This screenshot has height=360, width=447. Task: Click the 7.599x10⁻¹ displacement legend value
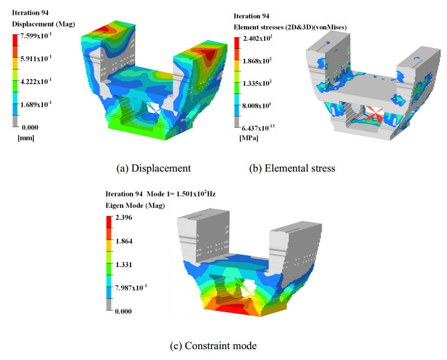pos(36,36)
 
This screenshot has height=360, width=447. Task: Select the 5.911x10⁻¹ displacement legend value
pos(36,59)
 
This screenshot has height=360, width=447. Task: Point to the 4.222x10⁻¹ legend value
pos(36,81)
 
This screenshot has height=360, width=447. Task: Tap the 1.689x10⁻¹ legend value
pos(36,104)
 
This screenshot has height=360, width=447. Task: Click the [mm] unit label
pos(26,138)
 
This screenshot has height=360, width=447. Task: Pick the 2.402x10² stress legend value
pos(258,38)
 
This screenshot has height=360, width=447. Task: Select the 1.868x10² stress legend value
pos(258,61)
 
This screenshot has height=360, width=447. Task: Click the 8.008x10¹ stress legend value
pos(257,106)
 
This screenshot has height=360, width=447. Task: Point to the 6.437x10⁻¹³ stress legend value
pos(259,128)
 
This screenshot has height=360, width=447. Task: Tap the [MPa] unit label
pos(249,138)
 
